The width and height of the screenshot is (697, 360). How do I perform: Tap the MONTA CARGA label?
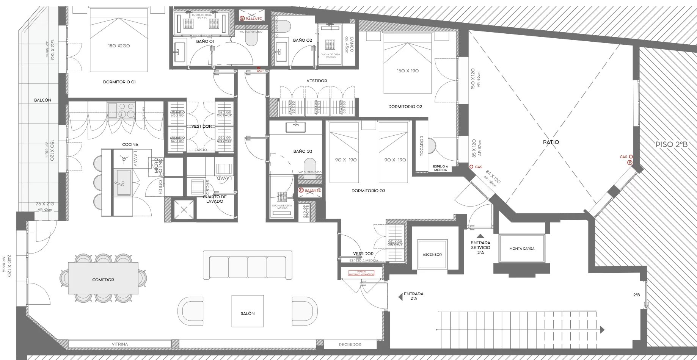(x=522, y=249)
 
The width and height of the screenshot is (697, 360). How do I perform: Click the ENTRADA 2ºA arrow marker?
(x=400, y=297)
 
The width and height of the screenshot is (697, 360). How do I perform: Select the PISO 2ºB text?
(x=672, y=144)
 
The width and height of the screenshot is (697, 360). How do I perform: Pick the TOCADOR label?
(x=421, y=146)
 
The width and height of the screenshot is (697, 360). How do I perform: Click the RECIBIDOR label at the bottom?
(x=350, y=344)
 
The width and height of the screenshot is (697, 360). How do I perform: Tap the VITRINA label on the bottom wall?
(x=120, y=344)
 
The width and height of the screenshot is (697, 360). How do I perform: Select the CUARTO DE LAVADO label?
(x=215, y=199)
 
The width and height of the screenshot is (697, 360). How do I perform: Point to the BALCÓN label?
(x=42, y=100)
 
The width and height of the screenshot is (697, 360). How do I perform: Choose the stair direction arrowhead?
(x=602, y=330)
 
